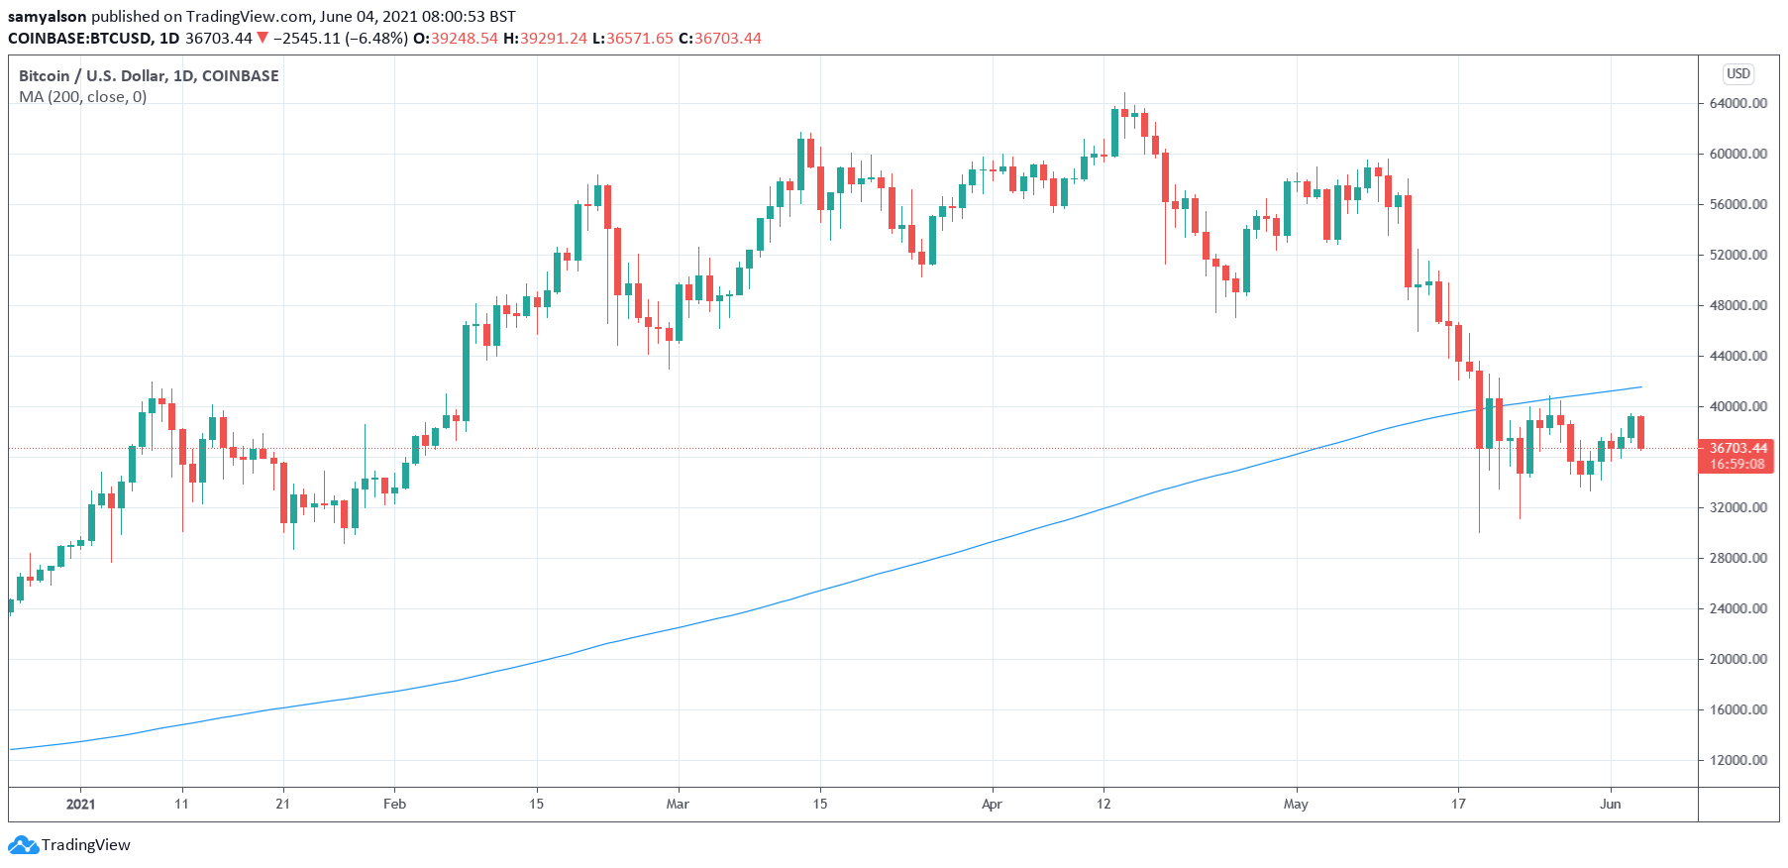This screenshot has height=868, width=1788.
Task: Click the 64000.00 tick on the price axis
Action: pos(1737,103)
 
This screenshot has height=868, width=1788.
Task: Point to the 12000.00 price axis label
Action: pos(1737,760)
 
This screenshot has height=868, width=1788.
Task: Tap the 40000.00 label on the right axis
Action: pos(1737,406)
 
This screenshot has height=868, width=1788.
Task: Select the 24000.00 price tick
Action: pos(1737,608)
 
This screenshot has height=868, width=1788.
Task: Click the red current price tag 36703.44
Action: pos(1737,449)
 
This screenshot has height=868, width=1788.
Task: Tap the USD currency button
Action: pos(1738,73)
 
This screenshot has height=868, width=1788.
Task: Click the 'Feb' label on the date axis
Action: pos(394,804)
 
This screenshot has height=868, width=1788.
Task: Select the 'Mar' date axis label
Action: pos(678,804)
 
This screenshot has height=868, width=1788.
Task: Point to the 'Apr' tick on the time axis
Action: pos(992,804)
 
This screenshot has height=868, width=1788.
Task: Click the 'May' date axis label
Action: pos(1296,804)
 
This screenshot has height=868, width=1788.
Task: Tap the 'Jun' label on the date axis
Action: pos(1610,804)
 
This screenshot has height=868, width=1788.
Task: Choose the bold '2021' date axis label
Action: pos(80,804)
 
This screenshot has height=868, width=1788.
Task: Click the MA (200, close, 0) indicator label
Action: pos(83,97)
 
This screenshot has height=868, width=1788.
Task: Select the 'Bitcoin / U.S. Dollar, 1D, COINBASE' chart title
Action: pos(149,75)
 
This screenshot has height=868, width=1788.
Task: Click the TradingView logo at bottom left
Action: pos(69,845)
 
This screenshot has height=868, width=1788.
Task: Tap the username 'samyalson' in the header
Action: pos(47,16)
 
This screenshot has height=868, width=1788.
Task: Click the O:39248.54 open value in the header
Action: pos(456,38)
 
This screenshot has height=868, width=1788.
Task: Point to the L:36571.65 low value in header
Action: pos(632,38)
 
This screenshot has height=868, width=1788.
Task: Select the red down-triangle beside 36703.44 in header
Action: pos(263,38)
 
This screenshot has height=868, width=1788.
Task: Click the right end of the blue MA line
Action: pos(1641,386)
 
